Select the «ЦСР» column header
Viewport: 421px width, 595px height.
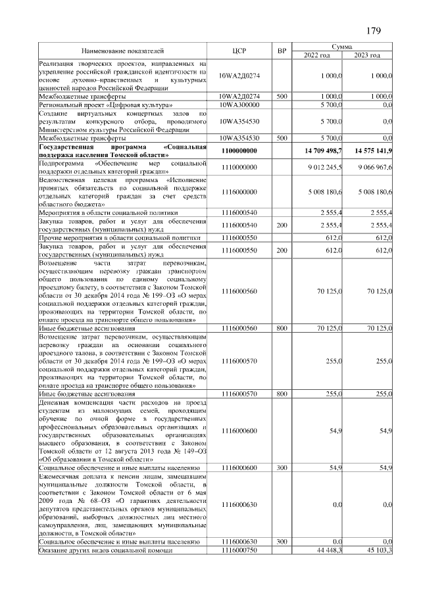pyautogui.click(x=239, y=51)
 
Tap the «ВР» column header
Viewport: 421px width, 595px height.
pyautogui.click(x=282, y=51)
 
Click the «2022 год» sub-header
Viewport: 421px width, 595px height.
pyautogui.click(x=316, y=55)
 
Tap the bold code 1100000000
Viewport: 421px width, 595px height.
pyautogui.click(x=239, y=151)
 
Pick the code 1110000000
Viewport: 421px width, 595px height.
pyautogui.click(x=239, y=167)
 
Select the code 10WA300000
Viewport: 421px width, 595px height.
pyautogui.click(x=239, y=105)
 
